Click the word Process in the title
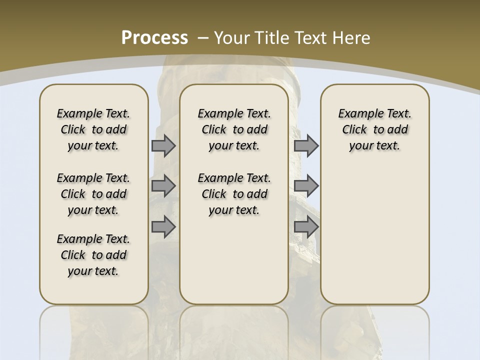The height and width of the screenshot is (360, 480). (x=154, y=38)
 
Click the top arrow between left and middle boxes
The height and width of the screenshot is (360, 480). (x=163, y=146)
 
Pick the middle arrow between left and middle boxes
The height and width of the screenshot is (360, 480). (x=163, y=186)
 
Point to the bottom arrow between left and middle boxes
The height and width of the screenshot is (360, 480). (x=163, y=227)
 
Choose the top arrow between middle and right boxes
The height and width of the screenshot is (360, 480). (x=306, y=146)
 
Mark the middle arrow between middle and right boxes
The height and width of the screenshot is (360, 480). (x=306, y=186)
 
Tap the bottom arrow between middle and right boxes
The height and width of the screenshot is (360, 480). (x=306, y=227)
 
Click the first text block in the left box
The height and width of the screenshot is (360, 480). (x=93, y=129)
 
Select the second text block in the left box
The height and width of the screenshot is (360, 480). (x=93, y=194)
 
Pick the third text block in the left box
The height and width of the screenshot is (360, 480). (x=93, y=255)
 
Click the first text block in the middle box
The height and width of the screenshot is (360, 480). (x=234, y=129)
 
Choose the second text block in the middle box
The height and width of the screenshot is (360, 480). (x=234, y=194)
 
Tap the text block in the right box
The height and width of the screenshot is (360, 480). (x=374, y=129)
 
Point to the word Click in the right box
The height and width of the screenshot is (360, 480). (x=354, y=130)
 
